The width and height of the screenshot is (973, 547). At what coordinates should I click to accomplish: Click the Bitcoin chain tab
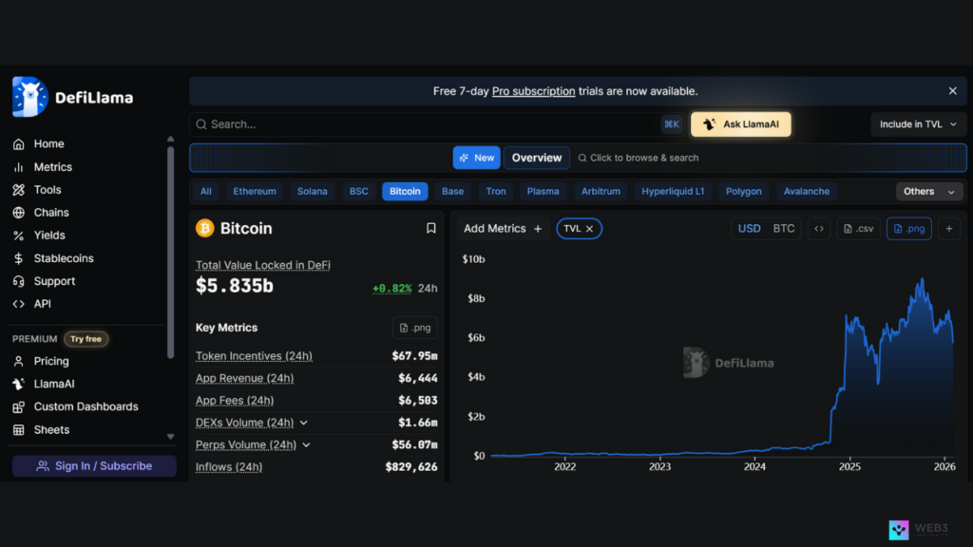(x=405, y=191)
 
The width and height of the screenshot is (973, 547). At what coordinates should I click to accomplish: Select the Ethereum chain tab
(x=255, y=191)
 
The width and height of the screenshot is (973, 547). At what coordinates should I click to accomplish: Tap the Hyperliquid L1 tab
(x=673, y=191)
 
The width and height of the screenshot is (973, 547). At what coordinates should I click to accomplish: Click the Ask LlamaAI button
(x=741, y=124)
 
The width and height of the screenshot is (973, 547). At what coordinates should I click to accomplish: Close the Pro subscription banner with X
(x=952, y=91)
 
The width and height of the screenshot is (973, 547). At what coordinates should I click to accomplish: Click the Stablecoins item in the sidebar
(x=64, y=258)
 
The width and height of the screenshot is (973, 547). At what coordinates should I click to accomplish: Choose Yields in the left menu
(x=49, y=236)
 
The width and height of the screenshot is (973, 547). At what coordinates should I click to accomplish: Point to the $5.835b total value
(x=235, y=285)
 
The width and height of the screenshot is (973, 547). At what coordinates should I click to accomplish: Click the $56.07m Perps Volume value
(x=414, y=444)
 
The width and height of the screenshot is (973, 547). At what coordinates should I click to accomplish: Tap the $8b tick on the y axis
(x=473, y=298)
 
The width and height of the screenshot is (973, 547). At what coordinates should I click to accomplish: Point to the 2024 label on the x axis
(x=754, y=466)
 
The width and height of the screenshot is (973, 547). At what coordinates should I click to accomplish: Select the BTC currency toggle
(x=784, y=228)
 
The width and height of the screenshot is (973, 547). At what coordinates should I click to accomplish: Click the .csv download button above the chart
(x=858, y=228)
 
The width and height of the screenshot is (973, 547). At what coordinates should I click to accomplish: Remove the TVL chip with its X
(x=589, y=229)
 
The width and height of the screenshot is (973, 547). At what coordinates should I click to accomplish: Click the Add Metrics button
(x=503, y=229)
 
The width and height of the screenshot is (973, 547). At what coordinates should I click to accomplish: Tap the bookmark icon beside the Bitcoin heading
(x=430, y=228)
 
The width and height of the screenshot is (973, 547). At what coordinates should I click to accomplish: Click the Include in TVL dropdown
(x=918, y=124)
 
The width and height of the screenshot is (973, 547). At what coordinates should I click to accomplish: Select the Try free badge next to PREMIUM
(x=86, y=339)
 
